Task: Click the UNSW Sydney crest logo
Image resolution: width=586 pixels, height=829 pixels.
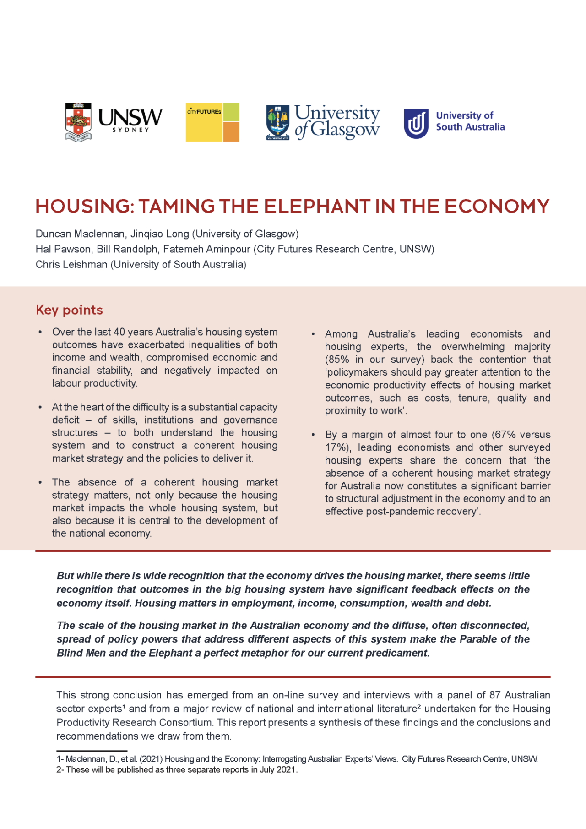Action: [x=78, y=121]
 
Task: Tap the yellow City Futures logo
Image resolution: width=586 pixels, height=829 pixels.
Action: [x=212, y=122]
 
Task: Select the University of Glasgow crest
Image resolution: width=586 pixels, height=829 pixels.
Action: [x=278, y=122]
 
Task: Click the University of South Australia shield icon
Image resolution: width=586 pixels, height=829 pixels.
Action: [x=416, y=124]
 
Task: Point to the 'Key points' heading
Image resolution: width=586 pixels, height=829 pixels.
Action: [x=69, y=310]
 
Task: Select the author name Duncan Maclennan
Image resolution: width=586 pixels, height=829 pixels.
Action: [x=80, y=234]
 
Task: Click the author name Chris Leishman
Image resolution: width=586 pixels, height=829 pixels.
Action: [x=71, y=265]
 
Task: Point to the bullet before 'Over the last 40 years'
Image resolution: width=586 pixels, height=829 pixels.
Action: [x=40, y=332]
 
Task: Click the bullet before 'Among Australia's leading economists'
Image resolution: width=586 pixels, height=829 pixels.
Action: [x=313, y=334]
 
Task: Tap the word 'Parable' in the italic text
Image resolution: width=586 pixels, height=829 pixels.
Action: [x=478, y=639]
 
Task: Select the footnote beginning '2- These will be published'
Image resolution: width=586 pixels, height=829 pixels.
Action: [x=177, y=770]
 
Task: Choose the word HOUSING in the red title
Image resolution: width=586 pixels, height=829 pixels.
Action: [x=85, y=207]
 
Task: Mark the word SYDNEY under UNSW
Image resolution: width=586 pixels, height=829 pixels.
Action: [x=131, y=130]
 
